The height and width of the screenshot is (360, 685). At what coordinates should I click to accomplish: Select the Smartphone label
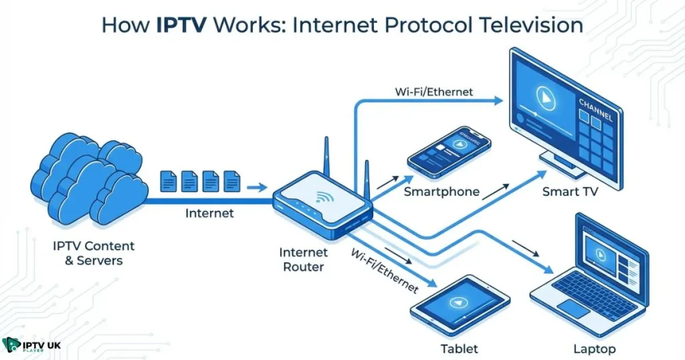pos(442,192)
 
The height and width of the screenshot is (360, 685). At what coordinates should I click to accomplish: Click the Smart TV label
pos(570,192)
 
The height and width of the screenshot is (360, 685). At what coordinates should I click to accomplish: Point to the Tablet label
pos(460,349)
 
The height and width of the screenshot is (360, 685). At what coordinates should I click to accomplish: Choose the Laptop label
pos(594,349)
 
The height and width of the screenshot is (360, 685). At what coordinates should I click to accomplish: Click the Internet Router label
pos(303,260)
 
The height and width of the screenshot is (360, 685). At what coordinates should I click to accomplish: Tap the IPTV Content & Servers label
pos(94,253)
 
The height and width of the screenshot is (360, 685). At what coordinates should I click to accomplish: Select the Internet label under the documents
pos(209,213)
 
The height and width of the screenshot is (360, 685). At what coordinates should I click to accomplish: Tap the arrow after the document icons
pos(257,187)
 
